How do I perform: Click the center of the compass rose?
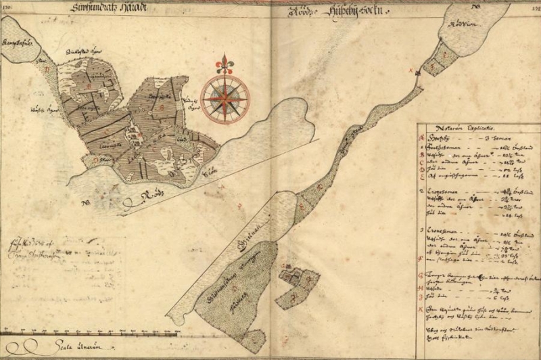point(225,97)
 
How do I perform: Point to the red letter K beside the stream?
point(410,70)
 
